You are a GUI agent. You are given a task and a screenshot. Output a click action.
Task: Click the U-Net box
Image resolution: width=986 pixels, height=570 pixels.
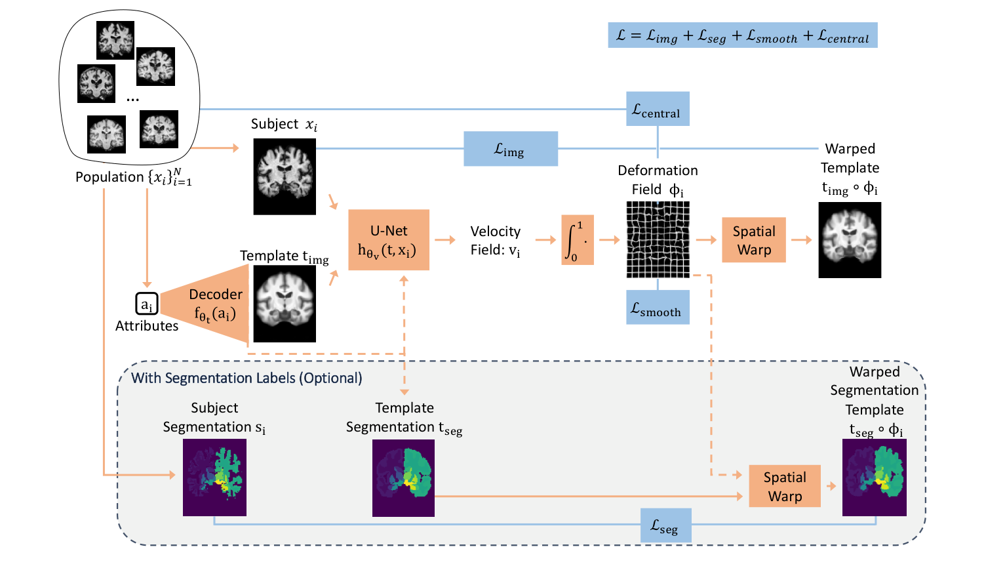[389, 240]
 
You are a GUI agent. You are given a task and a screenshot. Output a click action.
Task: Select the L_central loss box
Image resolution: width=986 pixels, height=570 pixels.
[657, 109]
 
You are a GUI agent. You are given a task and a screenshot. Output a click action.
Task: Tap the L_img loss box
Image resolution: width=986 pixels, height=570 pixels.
[511, 149]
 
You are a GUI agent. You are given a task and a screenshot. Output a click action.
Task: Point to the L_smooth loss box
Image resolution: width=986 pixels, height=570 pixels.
[657, 308]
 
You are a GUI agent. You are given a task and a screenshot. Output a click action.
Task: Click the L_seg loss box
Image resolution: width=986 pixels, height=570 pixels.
[665, 525]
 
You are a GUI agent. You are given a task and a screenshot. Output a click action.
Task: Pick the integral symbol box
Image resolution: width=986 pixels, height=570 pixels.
[577, 240]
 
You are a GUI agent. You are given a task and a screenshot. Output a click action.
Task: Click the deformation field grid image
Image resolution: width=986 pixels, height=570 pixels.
[658, 239]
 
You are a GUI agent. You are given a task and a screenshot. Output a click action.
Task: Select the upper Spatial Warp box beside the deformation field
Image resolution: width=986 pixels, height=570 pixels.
[753, 240]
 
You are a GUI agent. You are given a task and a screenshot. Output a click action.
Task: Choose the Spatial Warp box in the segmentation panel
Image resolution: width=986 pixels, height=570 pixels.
[785, 486]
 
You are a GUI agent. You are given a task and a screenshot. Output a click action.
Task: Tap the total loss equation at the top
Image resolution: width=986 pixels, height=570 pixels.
[742, 35]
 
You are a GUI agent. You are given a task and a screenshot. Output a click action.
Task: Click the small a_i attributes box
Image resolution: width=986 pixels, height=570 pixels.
[147, 304]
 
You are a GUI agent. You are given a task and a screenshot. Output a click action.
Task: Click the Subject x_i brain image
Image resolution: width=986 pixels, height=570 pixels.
[285, 176]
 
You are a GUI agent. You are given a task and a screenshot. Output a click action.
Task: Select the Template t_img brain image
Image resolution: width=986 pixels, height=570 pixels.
[285, 304]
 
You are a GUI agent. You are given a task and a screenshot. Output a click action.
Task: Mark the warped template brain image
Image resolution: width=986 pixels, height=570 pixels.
[849, 240]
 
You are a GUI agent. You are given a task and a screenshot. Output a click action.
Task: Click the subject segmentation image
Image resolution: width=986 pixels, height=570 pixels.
[214, 478]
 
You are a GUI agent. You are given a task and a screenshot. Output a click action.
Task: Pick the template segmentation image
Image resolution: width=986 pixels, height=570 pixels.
[403, 478]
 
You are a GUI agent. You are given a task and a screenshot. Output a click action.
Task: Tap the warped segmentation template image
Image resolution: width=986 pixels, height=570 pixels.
[874, 478]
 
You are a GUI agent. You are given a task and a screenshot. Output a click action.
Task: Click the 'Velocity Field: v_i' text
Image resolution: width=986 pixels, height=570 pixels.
[496, 241]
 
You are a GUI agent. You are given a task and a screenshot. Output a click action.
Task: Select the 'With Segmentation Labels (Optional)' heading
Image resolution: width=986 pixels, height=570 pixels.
[246, 378]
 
